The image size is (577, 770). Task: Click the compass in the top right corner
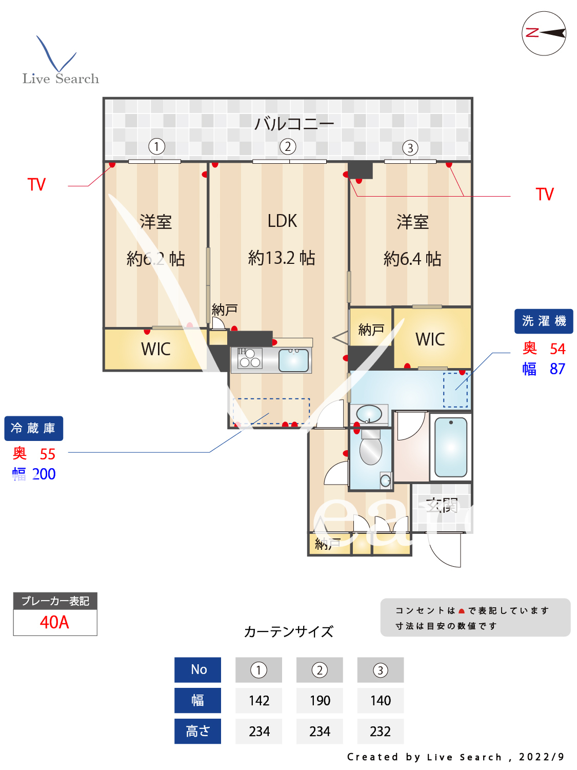click(544, 33)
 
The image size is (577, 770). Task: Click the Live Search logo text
click(61, 79)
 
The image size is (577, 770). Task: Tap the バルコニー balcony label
click(294, 124)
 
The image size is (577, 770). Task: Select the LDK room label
click(282, 221)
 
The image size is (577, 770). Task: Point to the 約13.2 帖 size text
click(282, 258)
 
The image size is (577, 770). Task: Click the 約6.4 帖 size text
click(412, 259)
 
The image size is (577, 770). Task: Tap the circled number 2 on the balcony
click(288, 147)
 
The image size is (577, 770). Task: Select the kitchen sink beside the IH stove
click(293, 360)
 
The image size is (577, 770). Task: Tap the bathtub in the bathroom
click(450, 447)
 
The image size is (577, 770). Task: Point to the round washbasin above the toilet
click(369, 413)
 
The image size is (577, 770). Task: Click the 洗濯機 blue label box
click(544, 321)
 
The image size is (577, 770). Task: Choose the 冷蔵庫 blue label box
click(33, 428)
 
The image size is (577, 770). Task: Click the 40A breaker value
click(55, 622)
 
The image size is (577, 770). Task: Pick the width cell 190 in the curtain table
click(320, 701)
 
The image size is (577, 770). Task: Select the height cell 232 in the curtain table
click(380, 731)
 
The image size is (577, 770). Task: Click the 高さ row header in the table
click(197, 731)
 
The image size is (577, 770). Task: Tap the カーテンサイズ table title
click(288, 631)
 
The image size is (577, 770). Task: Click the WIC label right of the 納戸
click(430, 339)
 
